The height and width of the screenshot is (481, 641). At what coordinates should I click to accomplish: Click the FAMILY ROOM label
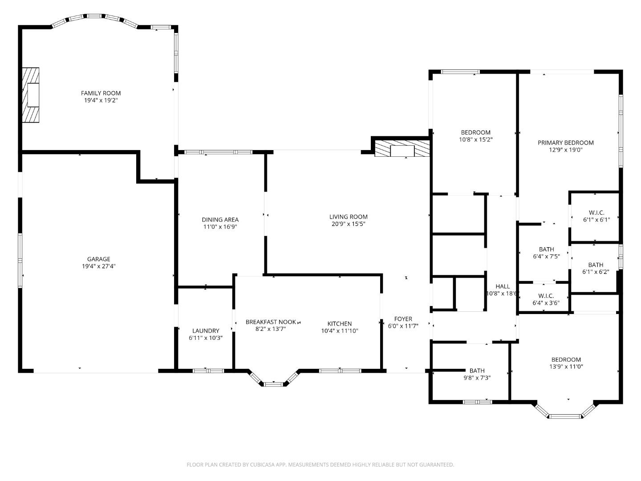(x=101, y=93)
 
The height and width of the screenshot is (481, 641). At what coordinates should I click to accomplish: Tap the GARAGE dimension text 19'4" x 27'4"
(x=98, y=266)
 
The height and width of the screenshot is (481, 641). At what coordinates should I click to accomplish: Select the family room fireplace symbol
(x=31, y=95)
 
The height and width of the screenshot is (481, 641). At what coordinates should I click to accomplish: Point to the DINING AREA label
(x=220, y=220)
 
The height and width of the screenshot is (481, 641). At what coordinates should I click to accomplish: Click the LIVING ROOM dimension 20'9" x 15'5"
(x=348, y=224)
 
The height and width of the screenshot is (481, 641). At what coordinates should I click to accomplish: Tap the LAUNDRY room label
(x=206, y=330)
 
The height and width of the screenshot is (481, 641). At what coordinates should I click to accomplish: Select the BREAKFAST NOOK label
(x=271, y=322)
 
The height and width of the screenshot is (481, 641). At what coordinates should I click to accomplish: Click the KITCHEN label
(x=340, y=324)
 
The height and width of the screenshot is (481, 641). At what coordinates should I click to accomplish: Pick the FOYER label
(x=403, y=319)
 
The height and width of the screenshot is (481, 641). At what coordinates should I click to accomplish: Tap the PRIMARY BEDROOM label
(x=565, y=143)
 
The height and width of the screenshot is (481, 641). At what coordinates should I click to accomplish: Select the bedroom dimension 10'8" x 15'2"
(x=476, y=139)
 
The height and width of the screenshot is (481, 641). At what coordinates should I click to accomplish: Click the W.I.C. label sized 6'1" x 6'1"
(x=596, y=213)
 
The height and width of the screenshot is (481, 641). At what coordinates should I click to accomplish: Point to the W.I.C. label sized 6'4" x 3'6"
(x=546, y=296)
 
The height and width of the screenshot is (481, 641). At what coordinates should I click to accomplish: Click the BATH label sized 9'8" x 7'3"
(x=477, y=371)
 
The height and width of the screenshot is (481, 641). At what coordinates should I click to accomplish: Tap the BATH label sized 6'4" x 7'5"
(x=546, y=249)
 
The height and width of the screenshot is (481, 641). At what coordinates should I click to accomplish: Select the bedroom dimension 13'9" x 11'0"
(x=566, y=367)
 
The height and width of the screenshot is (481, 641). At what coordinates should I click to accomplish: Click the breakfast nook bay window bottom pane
(x=273, y=384)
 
